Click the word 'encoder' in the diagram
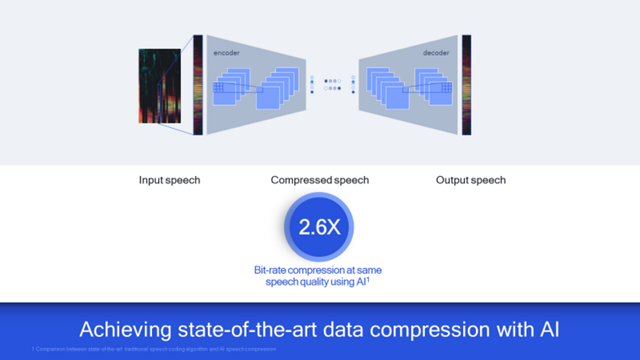point(227,49)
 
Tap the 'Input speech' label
point(169,180)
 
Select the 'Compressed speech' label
point(320,180)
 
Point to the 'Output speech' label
point(471,180)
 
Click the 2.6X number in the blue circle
point(320,227)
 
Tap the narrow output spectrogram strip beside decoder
point(466,85)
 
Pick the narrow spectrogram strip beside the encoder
point(198,85)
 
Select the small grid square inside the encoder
point(219,89)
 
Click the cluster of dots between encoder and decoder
point(334,84)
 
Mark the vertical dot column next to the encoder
point(312,84)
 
